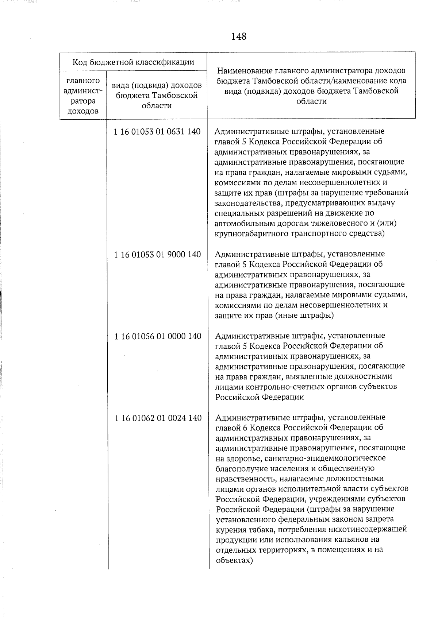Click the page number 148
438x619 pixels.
(239, 36)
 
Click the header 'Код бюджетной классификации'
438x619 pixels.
(133, 62)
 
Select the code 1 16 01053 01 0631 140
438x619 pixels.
(157, 132)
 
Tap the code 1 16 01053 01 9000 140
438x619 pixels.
(157, 254)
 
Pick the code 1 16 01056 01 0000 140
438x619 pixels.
(158, 336)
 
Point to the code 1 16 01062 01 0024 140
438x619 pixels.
(158, 418)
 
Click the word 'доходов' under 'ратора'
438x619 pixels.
(83, 111)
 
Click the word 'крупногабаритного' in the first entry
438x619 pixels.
(247, 233)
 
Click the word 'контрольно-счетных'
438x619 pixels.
(284, 386)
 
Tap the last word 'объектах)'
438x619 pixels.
(234, 560)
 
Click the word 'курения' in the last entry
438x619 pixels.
(230, 529)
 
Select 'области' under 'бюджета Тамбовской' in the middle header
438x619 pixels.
(157, 106)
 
